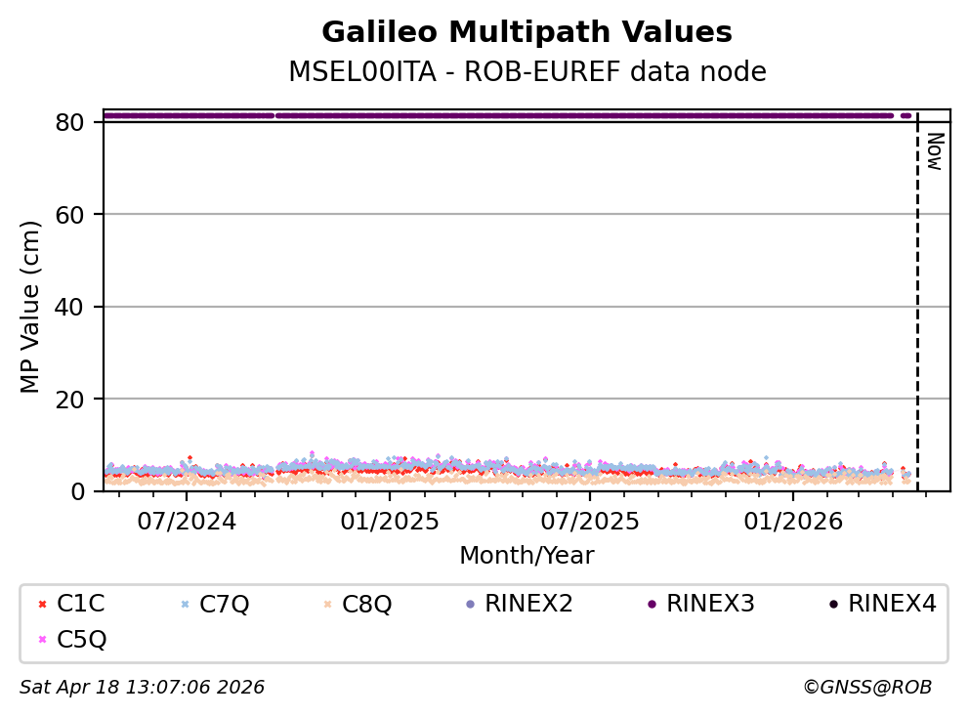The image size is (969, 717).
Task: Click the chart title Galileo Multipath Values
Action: click(527, 33)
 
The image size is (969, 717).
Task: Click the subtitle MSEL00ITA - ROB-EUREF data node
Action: click(527, 72)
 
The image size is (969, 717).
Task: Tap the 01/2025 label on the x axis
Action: click(389, 521)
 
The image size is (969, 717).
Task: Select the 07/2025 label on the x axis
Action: click(589, 521)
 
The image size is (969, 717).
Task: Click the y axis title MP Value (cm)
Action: click(31, 307)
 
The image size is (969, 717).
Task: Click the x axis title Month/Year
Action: click(527, 556)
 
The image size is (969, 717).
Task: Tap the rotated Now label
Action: click(934, 152)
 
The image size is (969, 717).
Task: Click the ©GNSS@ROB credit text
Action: click(866, 688)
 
